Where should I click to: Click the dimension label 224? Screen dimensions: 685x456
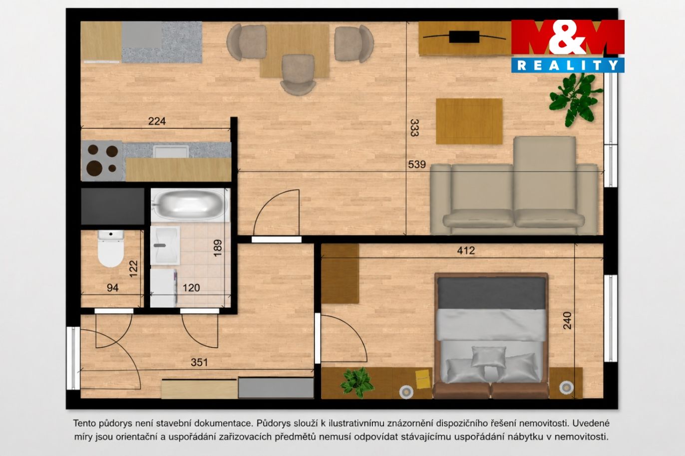click(x=157, y=121)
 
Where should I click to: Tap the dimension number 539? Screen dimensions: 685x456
click(x=417, y=165)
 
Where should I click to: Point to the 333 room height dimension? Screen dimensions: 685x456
click(x=414, y=128)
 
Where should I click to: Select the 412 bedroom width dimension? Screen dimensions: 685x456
click(x=466, y=250)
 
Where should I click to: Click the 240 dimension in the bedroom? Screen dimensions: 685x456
click(x=567, y=320)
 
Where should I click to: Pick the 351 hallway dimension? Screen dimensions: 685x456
click(x=199, y=362)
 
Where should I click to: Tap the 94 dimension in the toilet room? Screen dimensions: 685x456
click(x=112, y=287)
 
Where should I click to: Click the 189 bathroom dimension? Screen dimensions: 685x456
click(x=217, y=248)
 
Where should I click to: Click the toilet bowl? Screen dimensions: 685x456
click(x=111, y=248)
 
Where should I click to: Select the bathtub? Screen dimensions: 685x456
click(x=190, y=204)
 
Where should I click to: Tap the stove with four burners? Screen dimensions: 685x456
click(x=102, y=161)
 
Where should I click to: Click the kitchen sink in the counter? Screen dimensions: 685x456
click(x=171, y=151)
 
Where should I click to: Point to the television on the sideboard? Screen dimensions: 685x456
click(x=464, y=37)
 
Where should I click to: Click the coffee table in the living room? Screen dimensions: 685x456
click(x=469, y=121)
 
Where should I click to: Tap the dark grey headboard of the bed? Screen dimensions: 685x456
click(x=491, y=293)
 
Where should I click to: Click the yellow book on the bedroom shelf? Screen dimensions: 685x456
click(x=423, y=379)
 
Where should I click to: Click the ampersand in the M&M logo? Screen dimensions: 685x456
click(x=567, y=37)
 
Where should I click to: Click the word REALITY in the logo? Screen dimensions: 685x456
click(x=568, y=65)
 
